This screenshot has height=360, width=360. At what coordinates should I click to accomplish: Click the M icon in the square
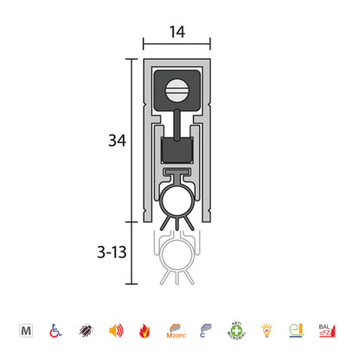27,330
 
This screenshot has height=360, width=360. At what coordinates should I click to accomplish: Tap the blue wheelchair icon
56,330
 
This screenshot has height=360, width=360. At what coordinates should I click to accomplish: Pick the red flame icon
145,330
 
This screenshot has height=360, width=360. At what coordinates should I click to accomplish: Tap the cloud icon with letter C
206,330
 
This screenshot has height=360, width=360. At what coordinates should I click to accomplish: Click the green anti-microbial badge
236,330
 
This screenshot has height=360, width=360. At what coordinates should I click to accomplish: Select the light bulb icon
266,330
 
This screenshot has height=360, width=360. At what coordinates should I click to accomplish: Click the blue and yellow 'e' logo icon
296,330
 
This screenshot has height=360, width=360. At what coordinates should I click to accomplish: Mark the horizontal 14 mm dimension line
177,44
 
